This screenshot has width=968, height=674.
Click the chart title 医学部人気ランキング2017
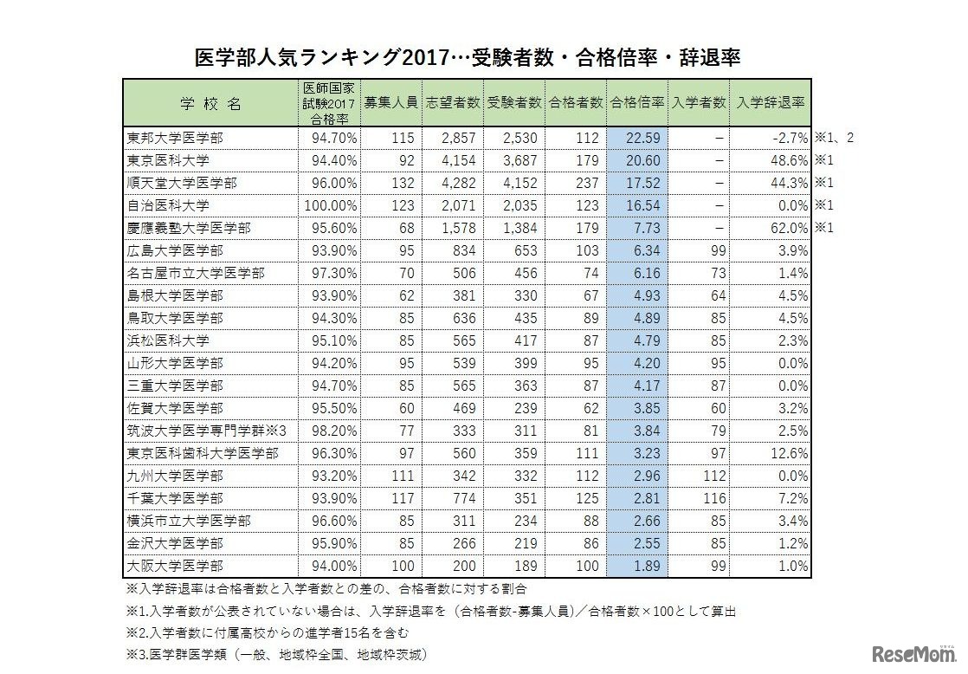[467, 57]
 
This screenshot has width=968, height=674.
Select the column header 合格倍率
[637, 102]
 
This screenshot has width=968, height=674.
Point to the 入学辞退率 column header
[771, 102]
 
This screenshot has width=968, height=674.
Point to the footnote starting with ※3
[277, 656]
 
